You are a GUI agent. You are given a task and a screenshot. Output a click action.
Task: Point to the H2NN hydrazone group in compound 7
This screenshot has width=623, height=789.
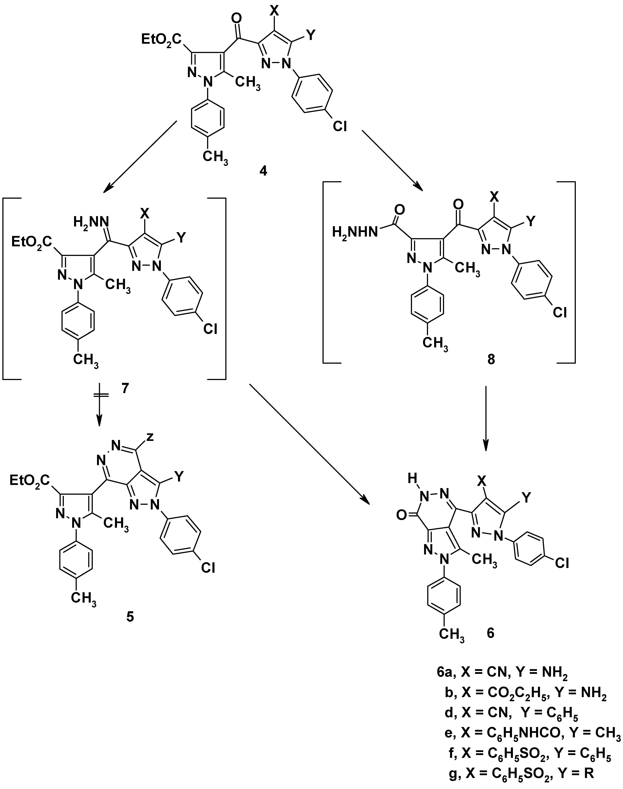click(x=91, y=221)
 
